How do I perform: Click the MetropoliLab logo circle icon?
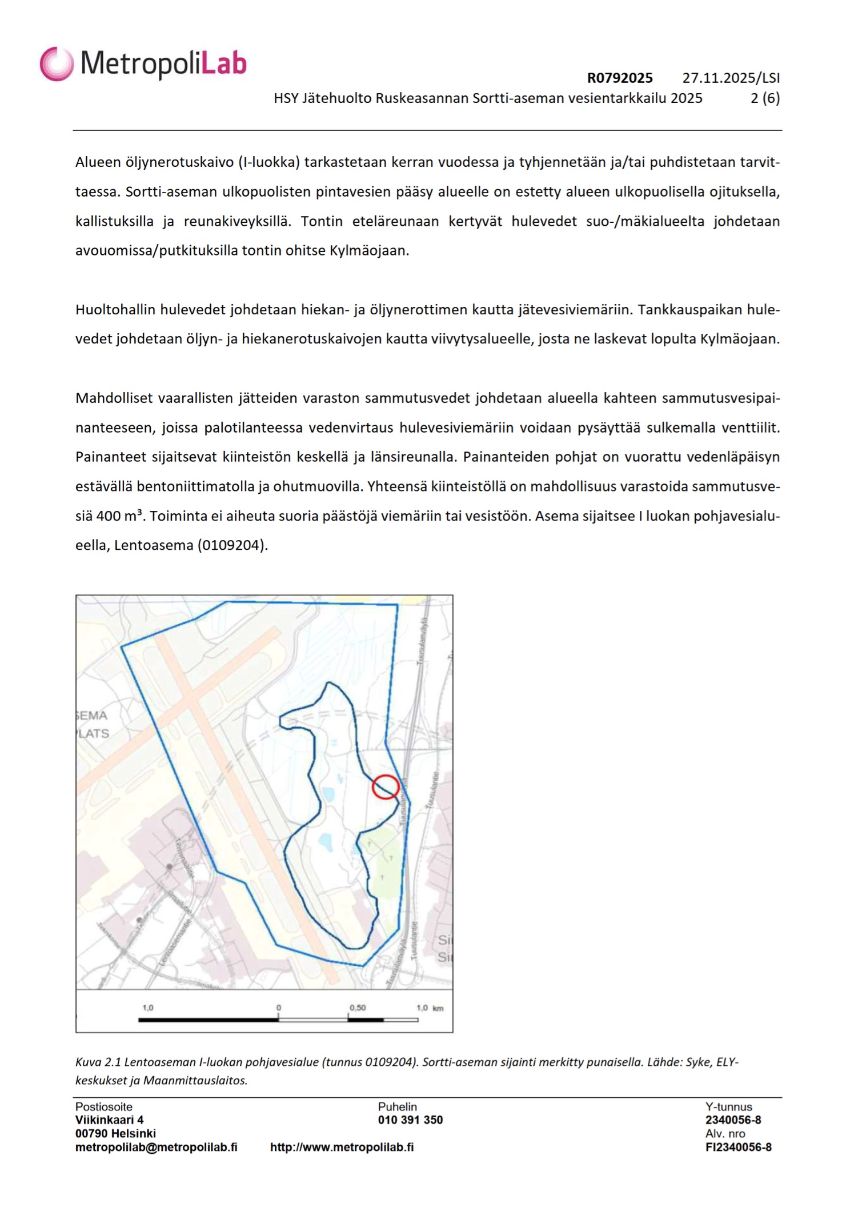57,63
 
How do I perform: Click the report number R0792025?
620,78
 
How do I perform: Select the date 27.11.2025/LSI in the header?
731,78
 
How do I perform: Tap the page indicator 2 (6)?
765,98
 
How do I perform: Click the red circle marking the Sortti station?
386,787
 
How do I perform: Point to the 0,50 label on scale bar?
358,1008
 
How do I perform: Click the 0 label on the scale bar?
278,1008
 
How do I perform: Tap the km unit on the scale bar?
438,1008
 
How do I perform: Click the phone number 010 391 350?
410,1120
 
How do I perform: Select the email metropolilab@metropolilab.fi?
156,1147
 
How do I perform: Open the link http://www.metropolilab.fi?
342,1147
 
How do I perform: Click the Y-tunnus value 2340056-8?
733,1120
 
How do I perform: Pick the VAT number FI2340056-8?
738,1147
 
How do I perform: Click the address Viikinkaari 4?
109,1120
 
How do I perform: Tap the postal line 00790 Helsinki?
115,1133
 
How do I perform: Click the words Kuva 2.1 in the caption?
98,1062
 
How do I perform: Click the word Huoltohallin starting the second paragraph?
115,310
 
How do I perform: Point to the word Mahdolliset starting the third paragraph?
114,398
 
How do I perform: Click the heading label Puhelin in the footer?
397,1106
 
